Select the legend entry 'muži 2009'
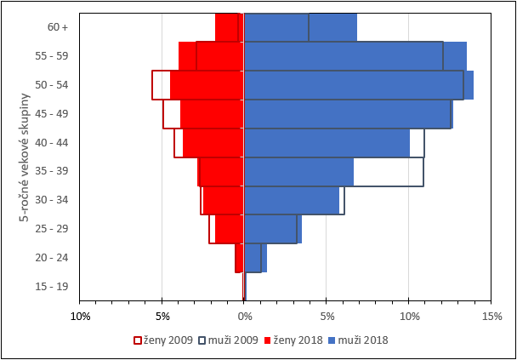click(x=229, y=340)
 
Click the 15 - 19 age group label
click(x=52, y=286)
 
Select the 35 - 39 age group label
click(x=52, y=171)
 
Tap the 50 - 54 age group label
click(x=52, y=85)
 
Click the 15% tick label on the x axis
click(x=491, y=317)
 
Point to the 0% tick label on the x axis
click(x=244, y=317)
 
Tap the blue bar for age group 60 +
click(x=299, y=27)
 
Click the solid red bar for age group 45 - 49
click(x=213, y=114)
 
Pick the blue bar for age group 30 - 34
click(x=291, y=200)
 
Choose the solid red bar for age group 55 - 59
click(x=212, y=56)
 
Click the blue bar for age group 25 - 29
click(x=272, y=229)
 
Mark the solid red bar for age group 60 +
click(x=230, y=27)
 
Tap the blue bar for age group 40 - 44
click(x=327, y=142)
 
